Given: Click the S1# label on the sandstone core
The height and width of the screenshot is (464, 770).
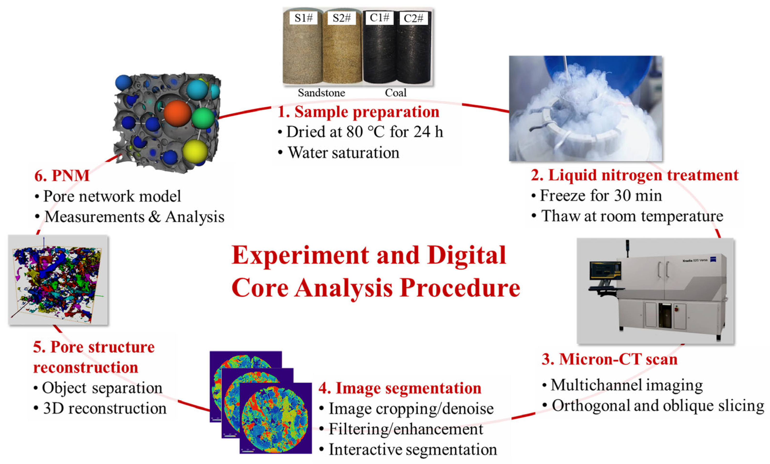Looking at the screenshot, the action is [303, 18].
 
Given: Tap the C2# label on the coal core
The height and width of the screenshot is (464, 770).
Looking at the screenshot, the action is [413, 18].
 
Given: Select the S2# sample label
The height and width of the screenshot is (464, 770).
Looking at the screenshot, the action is [342, 18].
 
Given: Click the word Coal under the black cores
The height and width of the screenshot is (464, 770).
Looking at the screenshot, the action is [396, 93].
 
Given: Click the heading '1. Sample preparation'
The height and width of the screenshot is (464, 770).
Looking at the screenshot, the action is [358, 112].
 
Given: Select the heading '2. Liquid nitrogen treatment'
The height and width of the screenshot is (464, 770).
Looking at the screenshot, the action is [635, 175].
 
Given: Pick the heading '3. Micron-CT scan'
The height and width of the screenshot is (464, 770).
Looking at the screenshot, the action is [609, 359].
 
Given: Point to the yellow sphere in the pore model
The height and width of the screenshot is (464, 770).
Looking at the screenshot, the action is [195, 151].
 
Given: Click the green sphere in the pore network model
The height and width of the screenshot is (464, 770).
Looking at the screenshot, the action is [203, 118].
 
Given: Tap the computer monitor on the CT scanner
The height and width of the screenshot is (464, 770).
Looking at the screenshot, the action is [605, 271].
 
